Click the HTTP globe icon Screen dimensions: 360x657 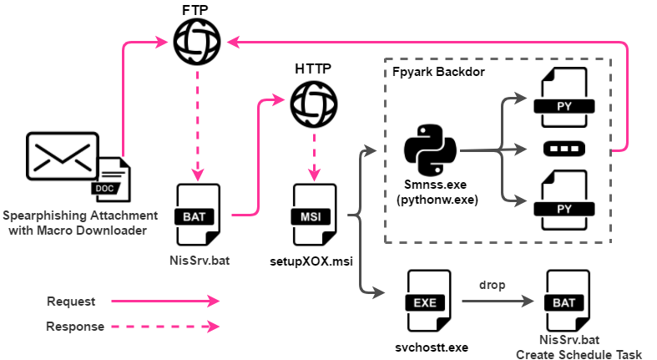[x=314, y=104]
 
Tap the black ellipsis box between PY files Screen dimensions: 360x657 [x=564, y=150]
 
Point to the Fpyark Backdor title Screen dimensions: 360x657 [x=438, y=73]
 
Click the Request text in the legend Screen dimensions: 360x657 [x=70, y=301]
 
